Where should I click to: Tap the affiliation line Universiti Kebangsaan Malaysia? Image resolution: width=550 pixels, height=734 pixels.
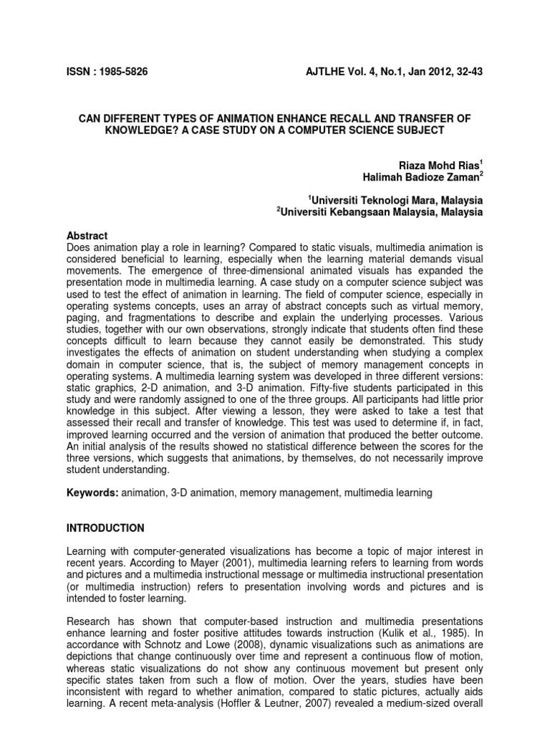click(382, 212)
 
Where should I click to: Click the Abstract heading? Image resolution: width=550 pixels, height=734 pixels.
click(87, 236)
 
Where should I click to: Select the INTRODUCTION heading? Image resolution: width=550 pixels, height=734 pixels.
click(105, 528)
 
